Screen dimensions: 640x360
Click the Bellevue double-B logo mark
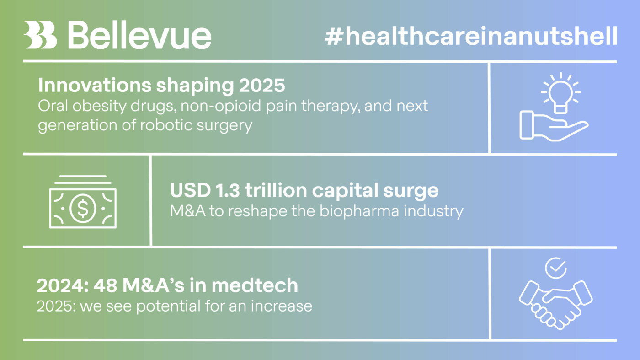[x=40, y=35]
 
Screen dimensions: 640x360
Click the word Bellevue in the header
[x=140, y=35]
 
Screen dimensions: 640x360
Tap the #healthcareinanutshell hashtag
[x=471, y=36]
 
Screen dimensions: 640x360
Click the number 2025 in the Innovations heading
[x=262, y=85]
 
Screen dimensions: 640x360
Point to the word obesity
[x=100, y=106]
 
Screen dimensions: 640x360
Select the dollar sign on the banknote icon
[x=83, y=208]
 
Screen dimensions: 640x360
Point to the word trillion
[x=276, y=190]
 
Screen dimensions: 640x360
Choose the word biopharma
[x=358, y=211]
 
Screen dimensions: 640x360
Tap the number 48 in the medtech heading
[x=105, y=285]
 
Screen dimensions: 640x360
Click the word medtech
[x=255, y=285]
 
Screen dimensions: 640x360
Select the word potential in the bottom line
[x=169, y=306]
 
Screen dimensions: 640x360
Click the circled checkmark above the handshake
[x=556, y=268]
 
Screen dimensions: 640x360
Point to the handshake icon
[x=556, y=305]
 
